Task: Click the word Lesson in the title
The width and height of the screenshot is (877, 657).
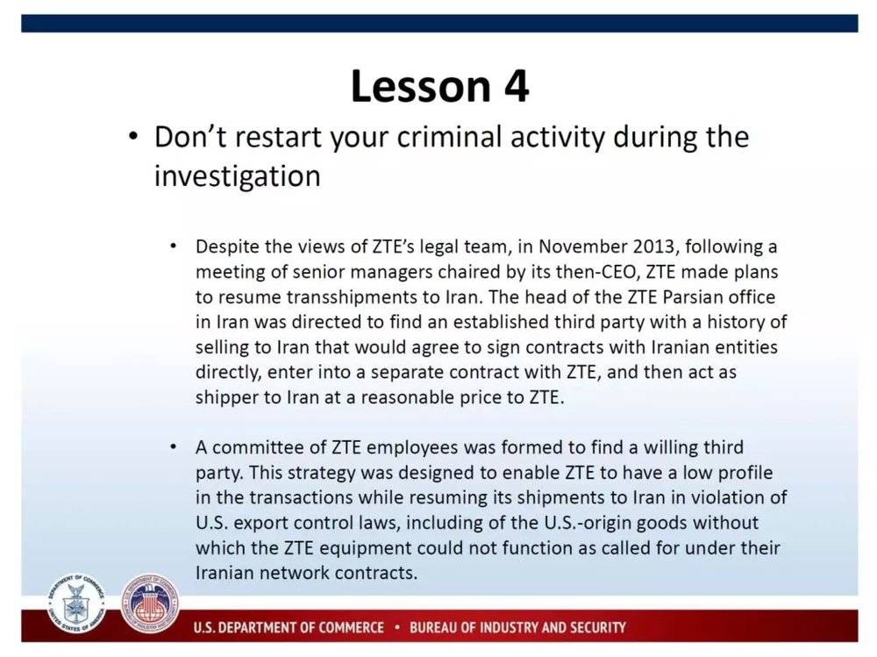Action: [421, 86]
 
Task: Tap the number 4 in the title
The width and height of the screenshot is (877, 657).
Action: [517, 86]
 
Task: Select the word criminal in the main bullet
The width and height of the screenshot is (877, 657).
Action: [448, 137]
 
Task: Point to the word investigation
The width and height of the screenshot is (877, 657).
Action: [237, 177]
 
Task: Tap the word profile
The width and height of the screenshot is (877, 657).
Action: [745, 473]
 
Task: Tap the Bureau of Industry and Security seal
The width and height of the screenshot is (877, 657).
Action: [150, 603]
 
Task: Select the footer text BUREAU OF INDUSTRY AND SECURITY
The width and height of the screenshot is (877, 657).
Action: [517, 627]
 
